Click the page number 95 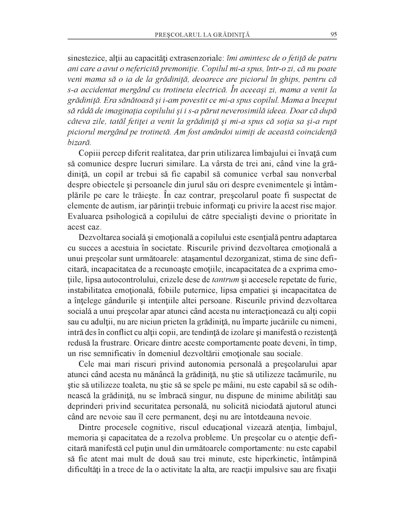334,35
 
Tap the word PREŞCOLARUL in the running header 174,35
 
